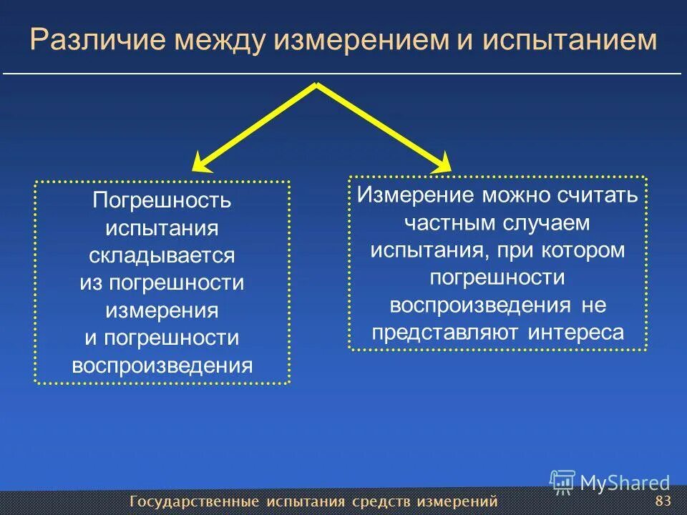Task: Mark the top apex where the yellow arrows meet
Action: pyautogui.click(x=316, y=85)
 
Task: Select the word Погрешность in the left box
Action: pyautogui.click(x=162, y=200)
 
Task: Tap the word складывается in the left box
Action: pyautogui.click(x=162, y=255)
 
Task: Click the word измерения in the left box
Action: pyautogui.click(x=162, y=310)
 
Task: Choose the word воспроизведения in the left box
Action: pyautogui.click(x=162, y=366)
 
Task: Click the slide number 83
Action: pyautogui.click(x=663, y=499)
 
